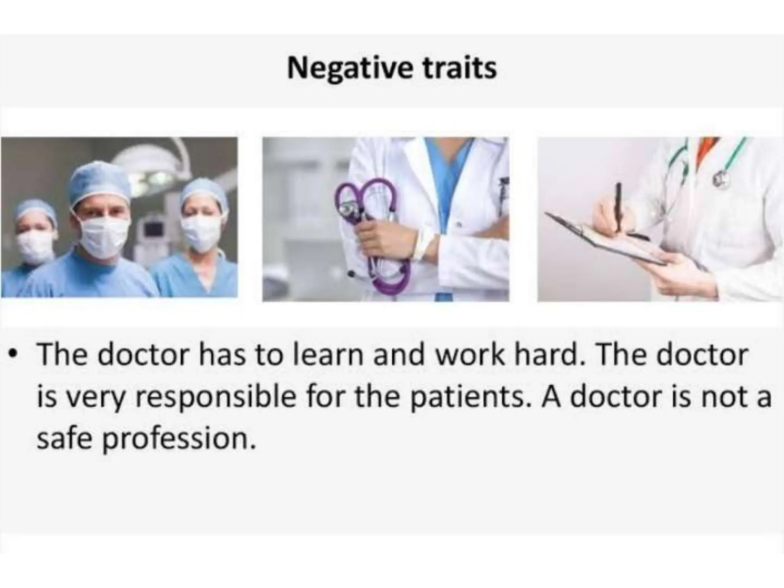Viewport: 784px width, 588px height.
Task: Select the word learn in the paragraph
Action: tap(327, 354)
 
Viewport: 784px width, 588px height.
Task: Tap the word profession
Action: tap(179, 439)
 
